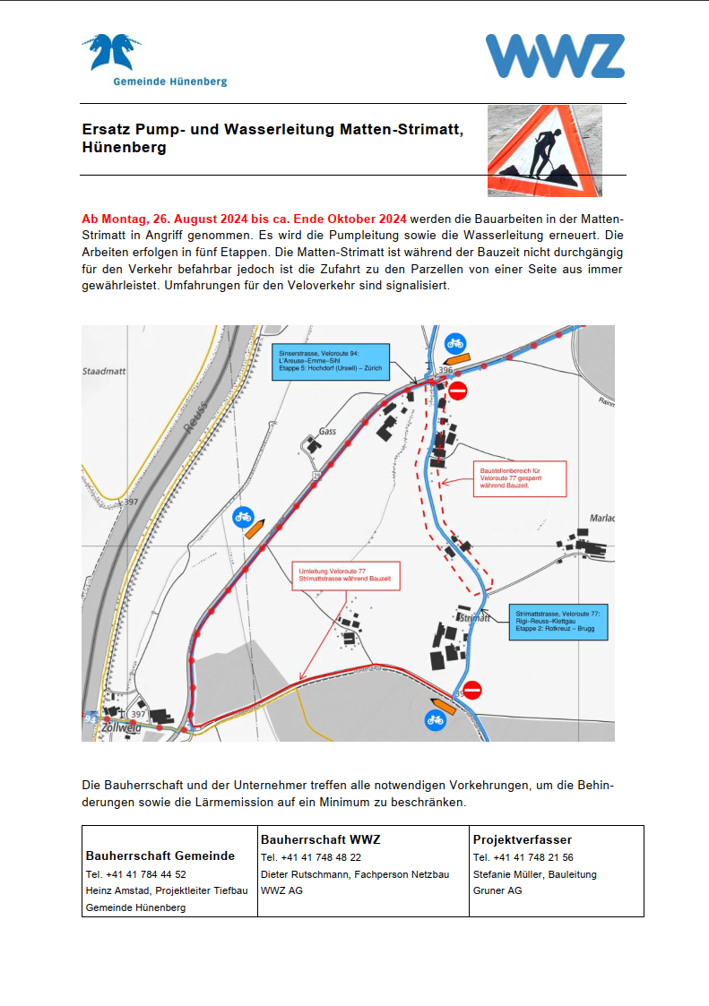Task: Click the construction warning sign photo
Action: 544,150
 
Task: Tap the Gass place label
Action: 327,431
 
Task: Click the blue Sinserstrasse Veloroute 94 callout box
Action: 331,361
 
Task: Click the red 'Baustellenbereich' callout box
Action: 509,477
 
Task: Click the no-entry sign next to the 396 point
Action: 458,391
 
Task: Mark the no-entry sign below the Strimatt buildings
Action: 472,690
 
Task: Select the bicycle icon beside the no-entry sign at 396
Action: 455,342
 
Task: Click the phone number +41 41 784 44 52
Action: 136,874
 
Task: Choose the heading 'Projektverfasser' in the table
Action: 522,840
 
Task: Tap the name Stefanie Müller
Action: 508,874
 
